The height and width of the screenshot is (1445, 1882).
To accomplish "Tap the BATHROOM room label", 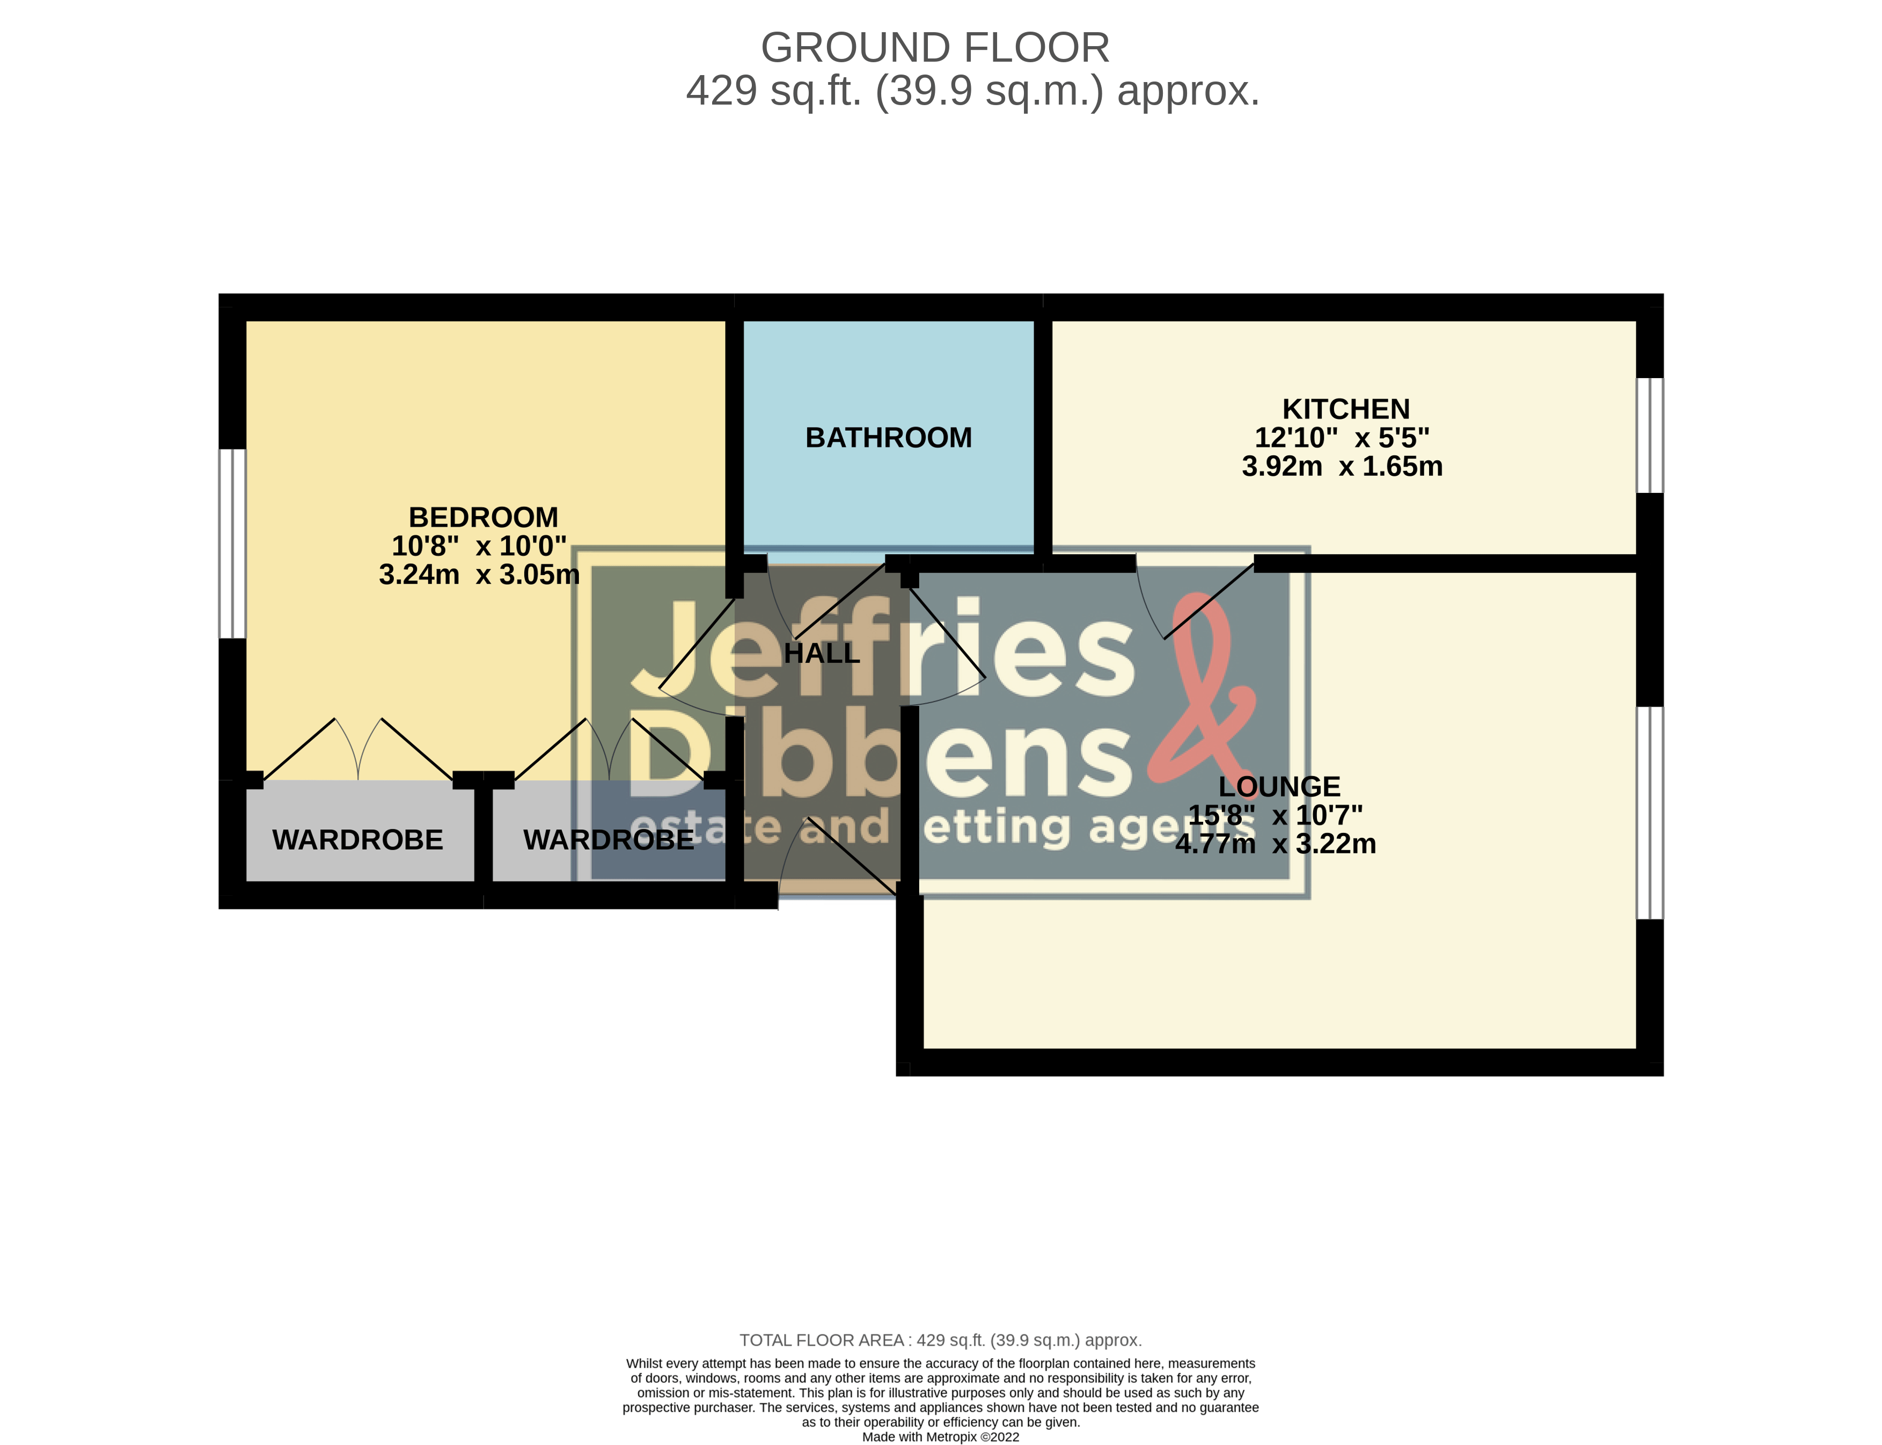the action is coord(888,438).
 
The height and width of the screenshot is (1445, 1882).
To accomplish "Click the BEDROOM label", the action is coord(483,517).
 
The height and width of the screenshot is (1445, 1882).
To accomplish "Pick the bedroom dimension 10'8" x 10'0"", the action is coord(479,545).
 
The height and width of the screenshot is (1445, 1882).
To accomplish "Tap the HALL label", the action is coord(822,654).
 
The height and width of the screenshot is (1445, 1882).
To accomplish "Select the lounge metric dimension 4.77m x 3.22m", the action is coord(1275,844).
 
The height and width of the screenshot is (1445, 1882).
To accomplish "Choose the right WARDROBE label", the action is coord(609,839).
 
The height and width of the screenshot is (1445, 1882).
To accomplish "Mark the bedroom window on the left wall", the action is coord(232,543).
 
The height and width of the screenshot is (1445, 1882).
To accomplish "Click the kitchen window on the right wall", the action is coord(1650,435).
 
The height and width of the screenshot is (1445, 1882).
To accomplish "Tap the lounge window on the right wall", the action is coord(1650,813).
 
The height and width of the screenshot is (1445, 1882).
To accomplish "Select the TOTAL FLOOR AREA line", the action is coord(941,1340).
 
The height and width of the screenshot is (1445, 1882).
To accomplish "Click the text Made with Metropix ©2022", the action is coord(941,1436).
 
